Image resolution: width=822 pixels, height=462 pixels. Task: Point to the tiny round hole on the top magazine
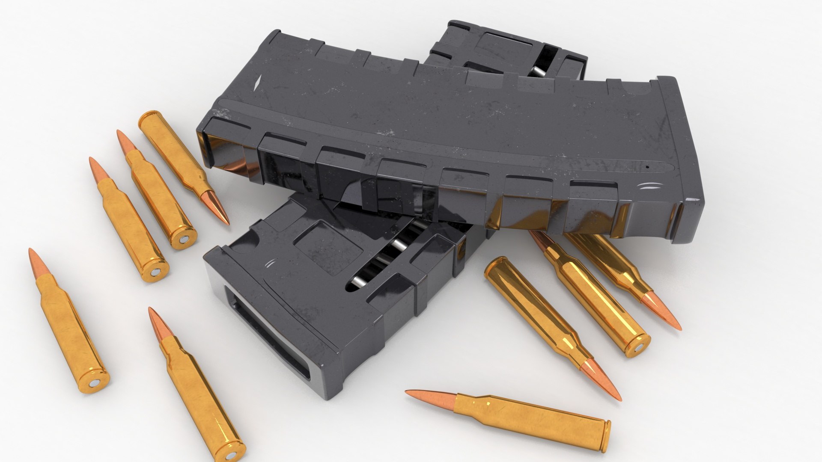[647, 166]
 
